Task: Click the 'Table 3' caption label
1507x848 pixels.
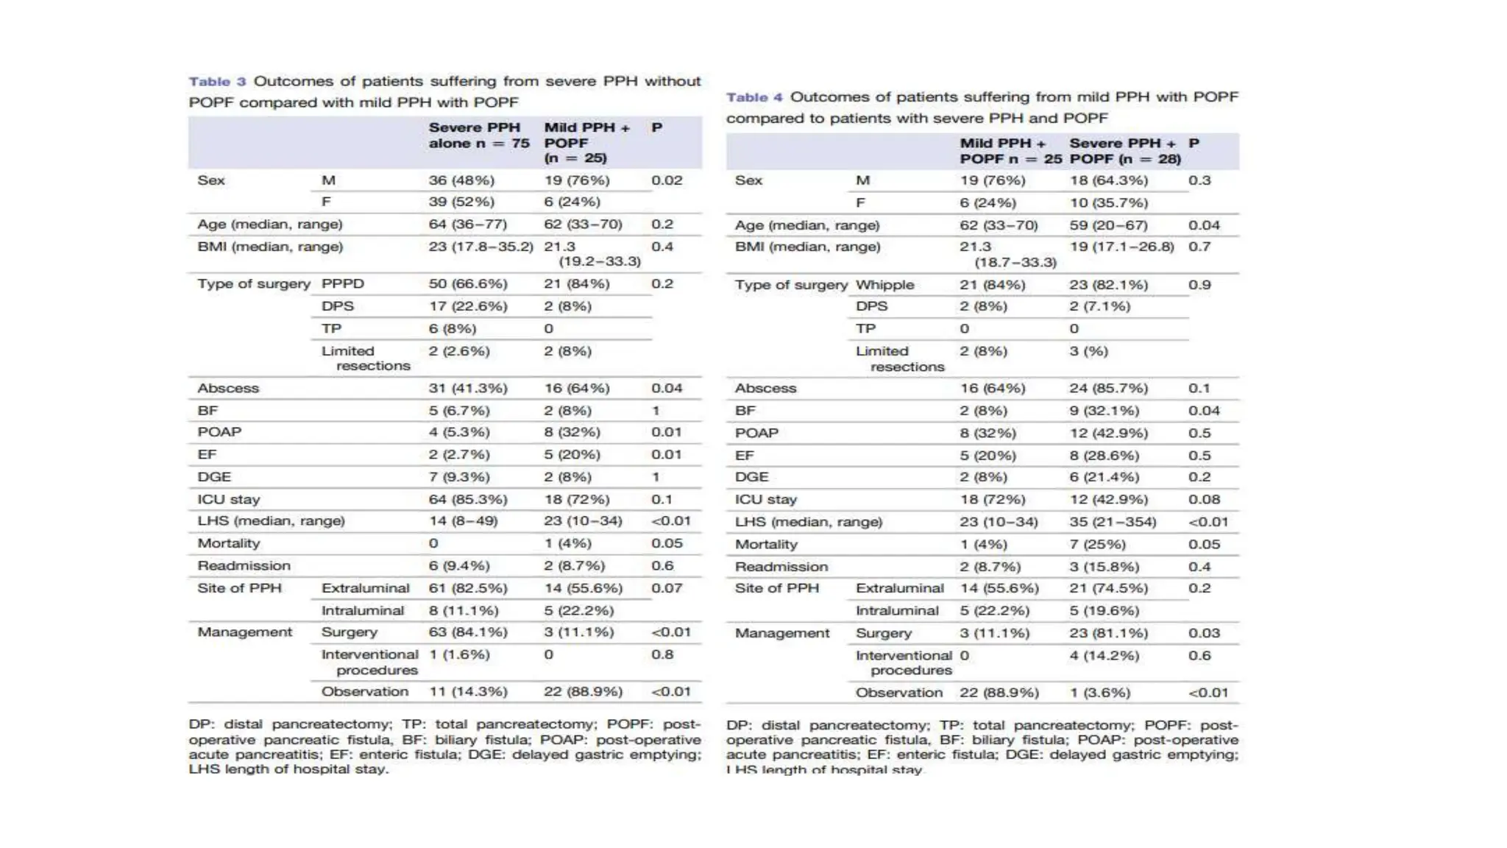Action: (x=216, y=82)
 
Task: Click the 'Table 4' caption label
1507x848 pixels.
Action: (x=754, y=97)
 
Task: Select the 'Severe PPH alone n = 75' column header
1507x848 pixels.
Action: (x=479, y=135)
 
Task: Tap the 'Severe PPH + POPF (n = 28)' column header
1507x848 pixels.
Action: (x=1124, y=151)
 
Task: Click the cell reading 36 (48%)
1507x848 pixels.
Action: (x=461, y=180)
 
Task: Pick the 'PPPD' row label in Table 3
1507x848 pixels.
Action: (x=342, y=284)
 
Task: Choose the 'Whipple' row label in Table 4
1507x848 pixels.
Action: (x=884, y=285)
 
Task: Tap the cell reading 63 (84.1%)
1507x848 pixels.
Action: (x=468, y=632)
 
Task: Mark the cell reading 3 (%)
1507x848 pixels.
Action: (x=1088, y=352)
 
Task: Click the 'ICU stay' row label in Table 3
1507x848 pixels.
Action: (x=228, y=500)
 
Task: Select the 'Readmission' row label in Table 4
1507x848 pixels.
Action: (x=781, y=567)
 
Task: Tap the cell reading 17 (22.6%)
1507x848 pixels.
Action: (x=468, y=306)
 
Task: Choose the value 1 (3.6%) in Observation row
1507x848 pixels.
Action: (x=1104, y=693)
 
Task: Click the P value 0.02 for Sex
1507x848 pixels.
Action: (x=666, y=180)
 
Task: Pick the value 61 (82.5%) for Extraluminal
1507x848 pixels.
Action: (x=468, y=588)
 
